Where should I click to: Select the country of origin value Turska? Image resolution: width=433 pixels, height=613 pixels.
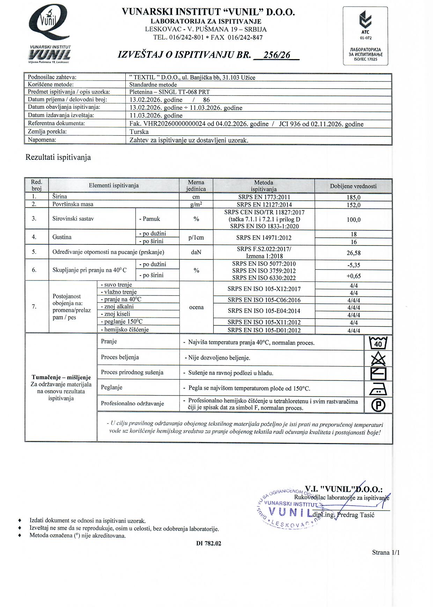[139, 132]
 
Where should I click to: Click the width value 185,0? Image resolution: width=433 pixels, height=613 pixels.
[353, 197]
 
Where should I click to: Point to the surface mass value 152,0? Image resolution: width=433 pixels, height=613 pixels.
[353, 205]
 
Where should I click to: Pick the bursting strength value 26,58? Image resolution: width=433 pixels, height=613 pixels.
[353, 253]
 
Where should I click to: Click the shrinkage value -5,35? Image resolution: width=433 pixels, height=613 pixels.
[353, 265]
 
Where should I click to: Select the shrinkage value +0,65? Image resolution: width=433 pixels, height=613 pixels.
[353, 276]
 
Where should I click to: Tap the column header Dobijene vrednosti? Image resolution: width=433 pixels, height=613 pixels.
[353, 186]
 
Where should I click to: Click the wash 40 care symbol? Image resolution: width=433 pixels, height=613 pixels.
[378, 343]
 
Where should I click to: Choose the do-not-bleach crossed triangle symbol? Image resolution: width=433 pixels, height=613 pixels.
[378, 358]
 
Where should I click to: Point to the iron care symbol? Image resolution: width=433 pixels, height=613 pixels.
[378, 389]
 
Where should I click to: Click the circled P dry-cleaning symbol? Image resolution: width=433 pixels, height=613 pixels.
[378, 405]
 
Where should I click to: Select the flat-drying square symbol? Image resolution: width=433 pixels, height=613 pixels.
[378, 373]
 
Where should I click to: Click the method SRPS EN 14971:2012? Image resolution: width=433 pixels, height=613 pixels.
[264, 237]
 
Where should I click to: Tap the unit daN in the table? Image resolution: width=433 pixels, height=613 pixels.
[196, 252]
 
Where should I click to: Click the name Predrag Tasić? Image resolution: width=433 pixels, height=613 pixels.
[356, 515]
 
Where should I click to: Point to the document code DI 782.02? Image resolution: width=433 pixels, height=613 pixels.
[208, 543]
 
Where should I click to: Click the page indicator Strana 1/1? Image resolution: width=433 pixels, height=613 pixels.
[386, 553]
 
